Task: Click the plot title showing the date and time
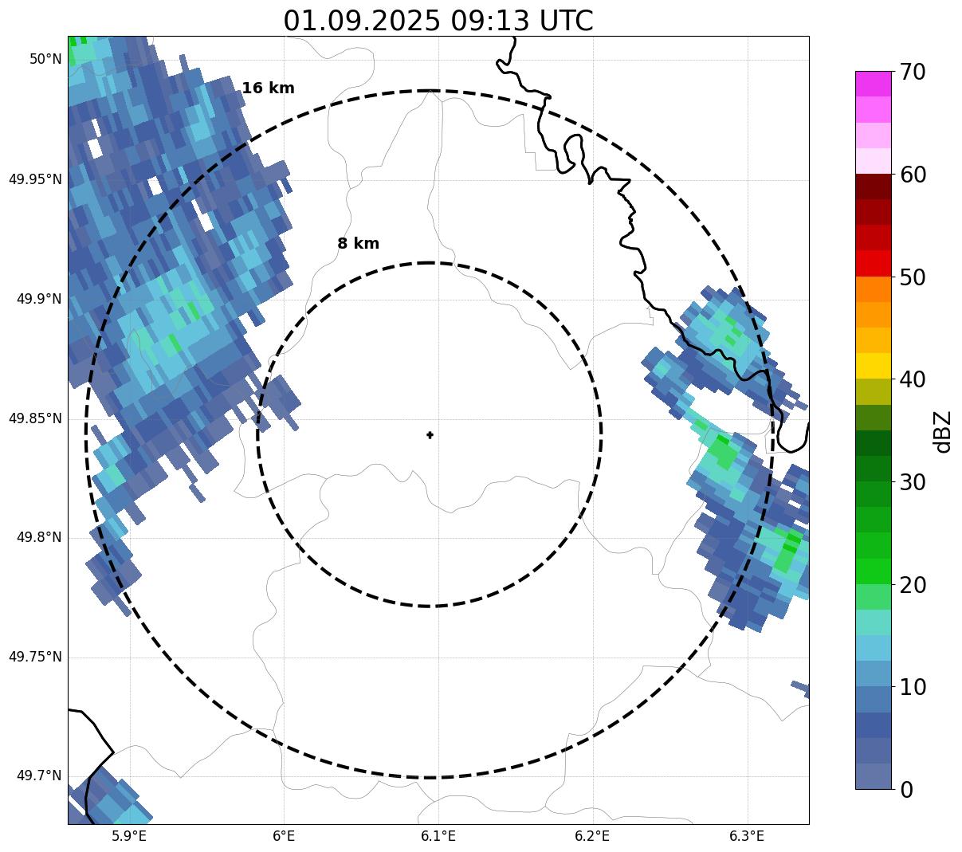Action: pos(438,21)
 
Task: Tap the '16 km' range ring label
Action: pos(268,88)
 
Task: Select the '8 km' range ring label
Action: pos(358,244)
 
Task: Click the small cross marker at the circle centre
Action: pos(430,435)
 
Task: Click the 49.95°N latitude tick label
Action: pos(35,179)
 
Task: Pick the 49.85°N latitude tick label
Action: pos(35,418)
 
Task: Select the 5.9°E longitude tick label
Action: pos(129,836)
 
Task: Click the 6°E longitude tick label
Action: pos(284,836)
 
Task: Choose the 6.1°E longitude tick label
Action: pos(438,836)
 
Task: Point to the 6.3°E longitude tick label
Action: pos(747,836)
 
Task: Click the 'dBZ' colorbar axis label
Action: pos(944,431)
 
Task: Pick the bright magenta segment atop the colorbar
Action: pos(873,84)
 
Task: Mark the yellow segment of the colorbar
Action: pos(873,366)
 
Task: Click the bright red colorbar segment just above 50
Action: pos(873,263)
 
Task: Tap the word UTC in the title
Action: pos(566,21)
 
